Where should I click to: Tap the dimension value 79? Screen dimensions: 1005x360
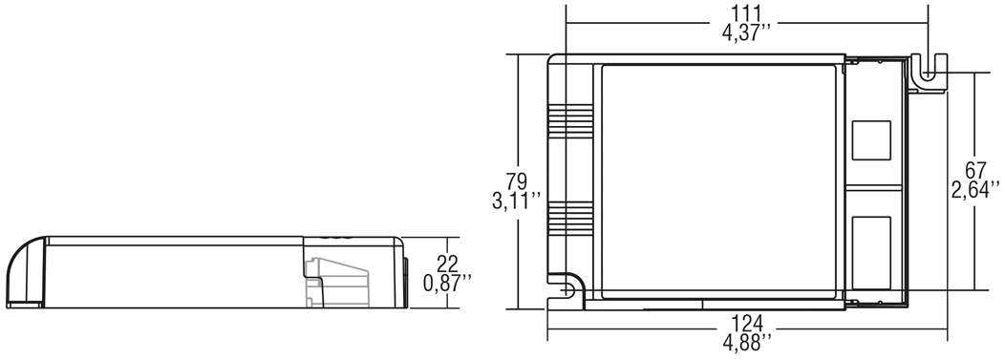coord(516,181)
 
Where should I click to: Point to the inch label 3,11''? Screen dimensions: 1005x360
coord(517,201)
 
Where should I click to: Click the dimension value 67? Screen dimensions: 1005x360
coord(974,171)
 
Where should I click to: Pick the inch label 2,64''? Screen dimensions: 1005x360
coord(974,190)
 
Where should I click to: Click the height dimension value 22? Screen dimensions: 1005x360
coord(447,263)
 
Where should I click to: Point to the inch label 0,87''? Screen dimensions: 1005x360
coord(447,283)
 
